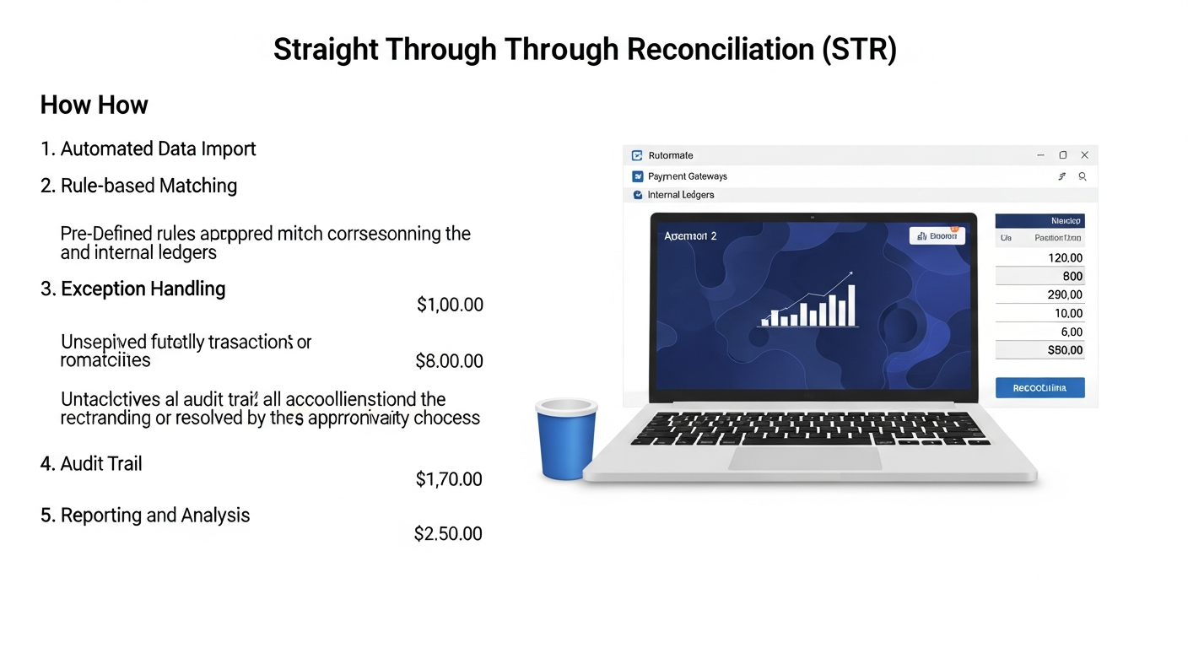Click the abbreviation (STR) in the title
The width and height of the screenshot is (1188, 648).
point(859,50)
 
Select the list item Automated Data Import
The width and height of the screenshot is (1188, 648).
point(158,149)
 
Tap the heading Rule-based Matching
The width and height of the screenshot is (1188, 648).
point(148,186)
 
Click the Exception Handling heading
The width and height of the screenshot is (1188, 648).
point(143,289)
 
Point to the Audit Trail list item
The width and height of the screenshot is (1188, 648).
point(101,463)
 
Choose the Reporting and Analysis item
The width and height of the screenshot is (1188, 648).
point(155,515)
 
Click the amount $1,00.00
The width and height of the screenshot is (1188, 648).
point(450,305)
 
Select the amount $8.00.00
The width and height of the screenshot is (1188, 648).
point(449,361)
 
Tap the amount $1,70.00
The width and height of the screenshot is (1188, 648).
point(449,479)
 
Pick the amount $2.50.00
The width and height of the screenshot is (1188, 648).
point(448,533)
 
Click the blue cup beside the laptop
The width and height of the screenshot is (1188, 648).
point(566,439)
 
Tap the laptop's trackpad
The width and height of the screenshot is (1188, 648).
point(805,458)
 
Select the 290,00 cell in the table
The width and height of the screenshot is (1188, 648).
point(1064,294)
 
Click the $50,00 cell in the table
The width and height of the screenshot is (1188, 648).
point(1064,350)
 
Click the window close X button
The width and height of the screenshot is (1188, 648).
point(1084,155)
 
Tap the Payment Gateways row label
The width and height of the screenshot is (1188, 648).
point(687,176)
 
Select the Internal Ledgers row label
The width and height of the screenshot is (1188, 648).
point(680,195)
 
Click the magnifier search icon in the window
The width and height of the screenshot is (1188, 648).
point(1082,176)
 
